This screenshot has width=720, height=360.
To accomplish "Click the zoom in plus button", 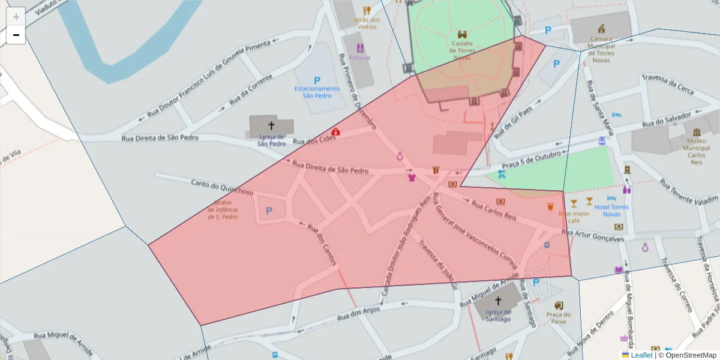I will (x=16, y=16).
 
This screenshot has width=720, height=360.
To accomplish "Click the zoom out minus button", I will (x=16, y=35).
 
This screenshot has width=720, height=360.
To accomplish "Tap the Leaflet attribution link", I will (x=641, y=355).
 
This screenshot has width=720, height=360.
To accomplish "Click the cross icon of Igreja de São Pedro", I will (x=271, y=125).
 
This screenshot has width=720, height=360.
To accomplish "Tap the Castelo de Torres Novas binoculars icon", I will (x=463, y=34).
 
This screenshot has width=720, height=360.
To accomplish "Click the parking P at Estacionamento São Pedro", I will (x=317, y=80).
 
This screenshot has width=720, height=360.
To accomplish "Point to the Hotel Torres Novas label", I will (x=611, y=211).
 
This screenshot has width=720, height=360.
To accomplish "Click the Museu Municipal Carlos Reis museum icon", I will (x=696, y=132).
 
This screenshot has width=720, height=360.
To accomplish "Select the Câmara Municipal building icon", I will (x=601, y=28).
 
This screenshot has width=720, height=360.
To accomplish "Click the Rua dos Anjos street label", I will (x=358, y=312).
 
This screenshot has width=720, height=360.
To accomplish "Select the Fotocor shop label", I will (x=360, y=58).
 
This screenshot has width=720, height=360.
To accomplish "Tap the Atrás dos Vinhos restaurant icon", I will (x=367, y=10).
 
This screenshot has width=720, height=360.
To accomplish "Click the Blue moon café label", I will (x=574, y=217).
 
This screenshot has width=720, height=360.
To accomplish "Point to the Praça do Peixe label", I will (x=559, y=318).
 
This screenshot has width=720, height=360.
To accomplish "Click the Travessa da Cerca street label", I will (x=667, y=85).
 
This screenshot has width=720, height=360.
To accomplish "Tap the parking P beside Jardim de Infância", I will (x=269, y=211).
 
